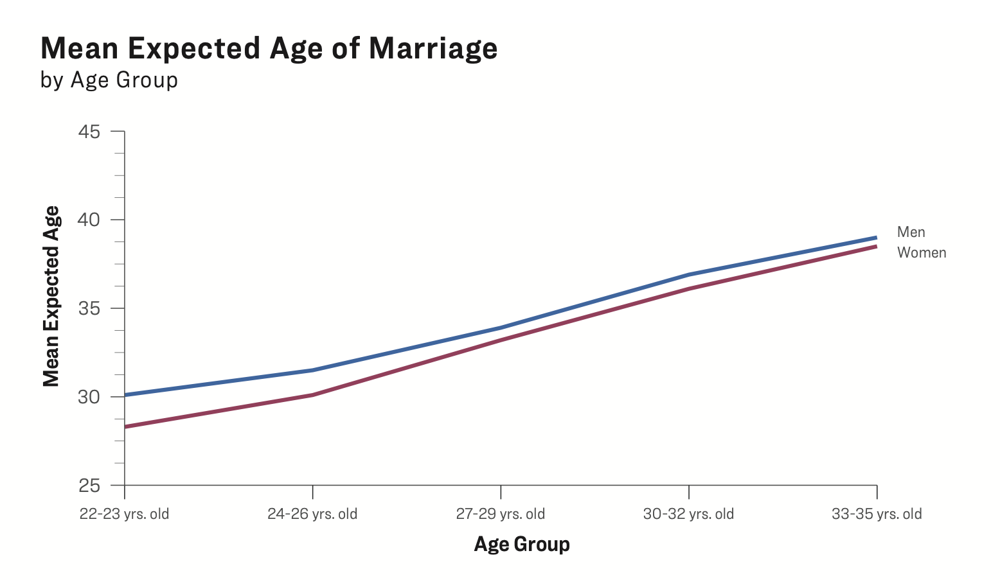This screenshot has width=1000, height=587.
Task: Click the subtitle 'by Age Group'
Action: [109, 80]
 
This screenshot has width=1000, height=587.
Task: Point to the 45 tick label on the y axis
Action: [89, 132]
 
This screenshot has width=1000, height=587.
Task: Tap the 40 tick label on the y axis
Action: [89, 220]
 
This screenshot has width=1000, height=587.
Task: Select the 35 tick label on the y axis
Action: [89, 308]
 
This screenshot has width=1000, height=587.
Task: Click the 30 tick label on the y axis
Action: [89, 397]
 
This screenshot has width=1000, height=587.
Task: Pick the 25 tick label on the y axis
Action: [89, 486]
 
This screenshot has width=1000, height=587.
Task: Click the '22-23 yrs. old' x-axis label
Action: [125, 514]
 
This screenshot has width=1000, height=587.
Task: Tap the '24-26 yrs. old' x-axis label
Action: [312, 514]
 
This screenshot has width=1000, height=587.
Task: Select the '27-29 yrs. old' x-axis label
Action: [501, 514]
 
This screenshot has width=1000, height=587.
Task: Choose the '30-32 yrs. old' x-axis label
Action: [688, 514]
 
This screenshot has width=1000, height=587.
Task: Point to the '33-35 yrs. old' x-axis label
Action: [877, 514]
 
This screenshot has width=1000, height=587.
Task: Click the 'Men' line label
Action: [911, 232]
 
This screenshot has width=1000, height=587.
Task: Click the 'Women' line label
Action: [922, 252]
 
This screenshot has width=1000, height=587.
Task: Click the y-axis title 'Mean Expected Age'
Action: [51, 296]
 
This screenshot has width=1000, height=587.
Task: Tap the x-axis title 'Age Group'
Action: [522, 544]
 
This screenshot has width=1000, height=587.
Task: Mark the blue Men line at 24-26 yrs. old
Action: [312, 370]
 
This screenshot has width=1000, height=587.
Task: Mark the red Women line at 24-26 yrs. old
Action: [312, 395]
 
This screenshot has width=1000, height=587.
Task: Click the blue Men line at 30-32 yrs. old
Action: [688, 275]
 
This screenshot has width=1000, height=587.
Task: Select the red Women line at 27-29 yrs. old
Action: [501, 340]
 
